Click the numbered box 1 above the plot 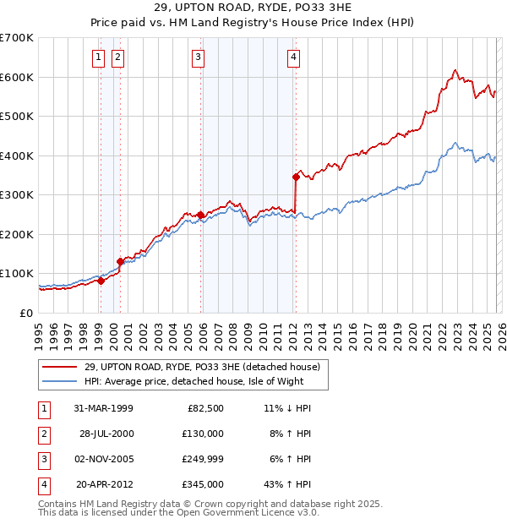pyautogui.click(x=99, y=57)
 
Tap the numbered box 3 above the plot pyautogui.click(x=198, y=57)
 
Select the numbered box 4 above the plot pyautogui.click(x=293, y=57)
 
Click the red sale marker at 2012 pyautogui.click(x=297, y=177)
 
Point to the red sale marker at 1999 pyautogui.click(x=101, y=281)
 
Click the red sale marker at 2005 pyautogui.click(x=200, y=215)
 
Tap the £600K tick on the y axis pyautogui.click(x=16, y=77)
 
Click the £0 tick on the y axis pyautogui.click(x=26, y=313)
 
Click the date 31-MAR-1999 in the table pyautogui.click(x=103, y=408)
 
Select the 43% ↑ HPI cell pyautogui.click(x=288, y=484)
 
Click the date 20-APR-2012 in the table pyautogui.click(x=103, y=484)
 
